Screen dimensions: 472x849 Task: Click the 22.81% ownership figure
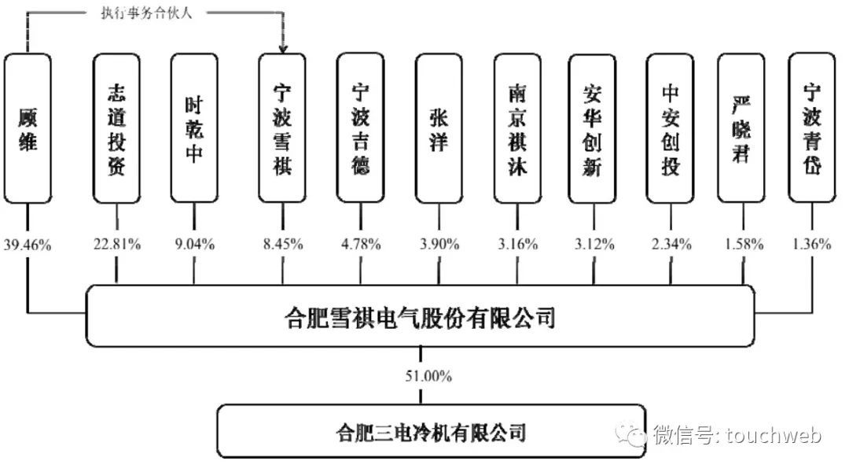(118, 245)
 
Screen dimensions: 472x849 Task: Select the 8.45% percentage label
(282, 245)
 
